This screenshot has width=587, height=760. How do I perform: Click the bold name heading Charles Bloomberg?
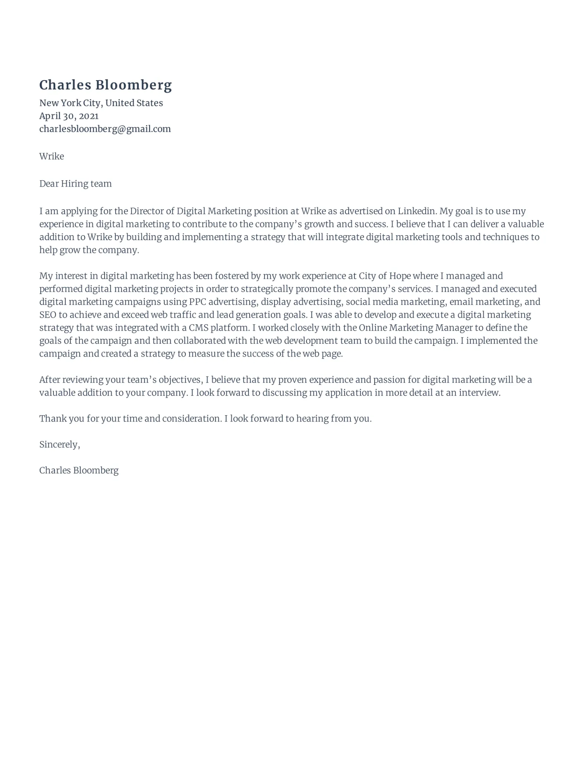pos(105,85)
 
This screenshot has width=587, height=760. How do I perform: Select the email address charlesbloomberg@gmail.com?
pos(105,129)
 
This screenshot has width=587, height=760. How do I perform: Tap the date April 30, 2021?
pos(69,116)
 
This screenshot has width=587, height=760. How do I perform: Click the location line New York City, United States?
pos(101,103)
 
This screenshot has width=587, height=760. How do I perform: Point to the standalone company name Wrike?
pos(52,156)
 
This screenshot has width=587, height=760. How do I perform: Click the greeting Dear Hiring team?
pos(75,184)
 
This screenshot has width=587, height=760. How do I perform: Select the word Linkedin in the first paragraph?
pos(417,211)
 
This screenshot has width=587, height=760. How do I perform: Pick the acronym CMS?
pos(198,328)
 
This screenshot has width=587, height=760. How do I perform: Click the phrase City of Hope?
pos(385,276)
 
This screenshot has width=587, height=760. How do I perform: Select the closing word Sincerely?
pos(59,445)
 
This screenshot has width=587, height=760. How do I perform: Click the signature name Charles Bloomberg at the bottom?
pos(79,471)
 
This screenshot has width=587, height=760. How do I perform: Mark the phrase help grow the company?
pos(89,250)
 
